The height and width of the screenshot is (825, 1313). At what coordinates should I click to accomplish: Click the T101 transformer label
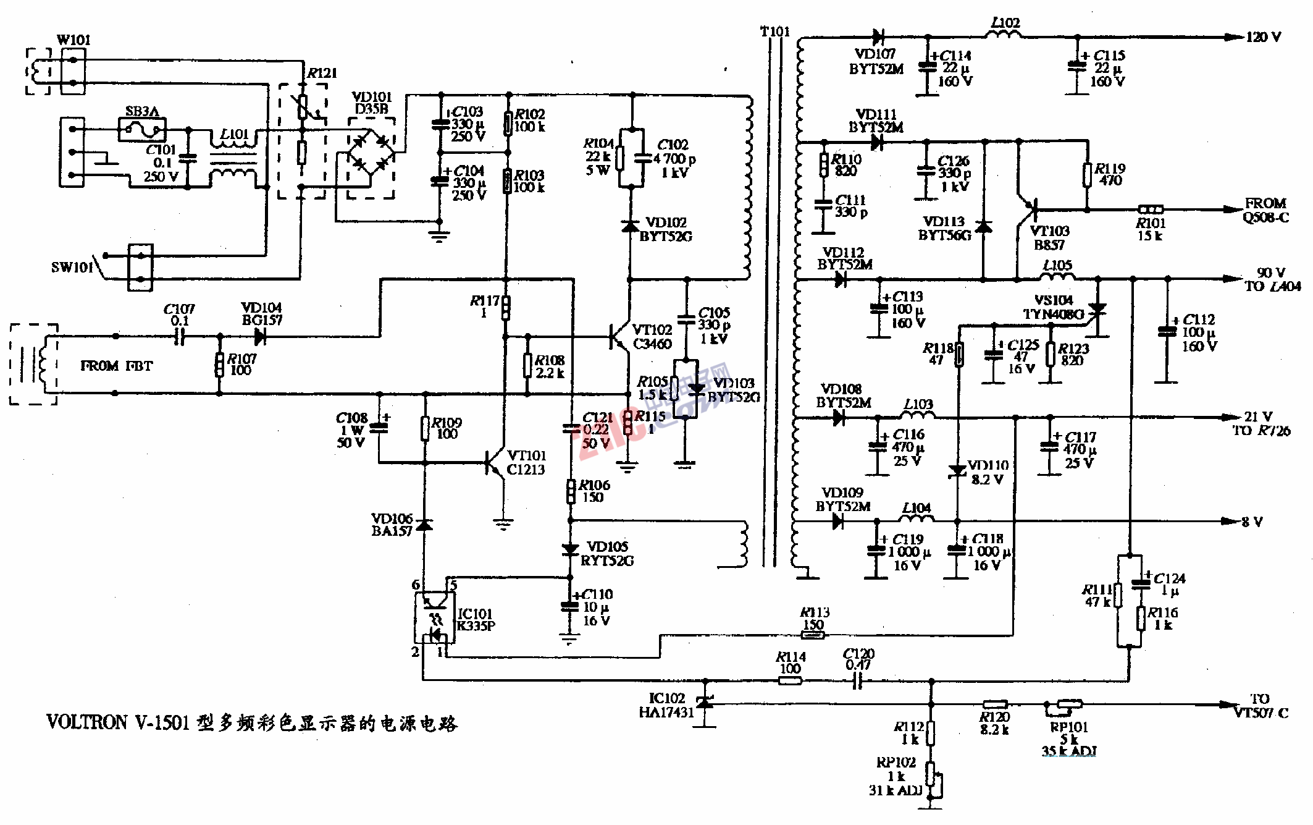click(x=774, y=31)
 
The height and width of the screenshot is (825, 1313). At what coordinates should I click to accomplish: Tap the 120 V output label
click(x=1263, y=37)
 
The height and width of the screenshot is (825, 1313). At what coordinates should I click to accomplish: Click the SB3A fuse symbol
click(x=142, y=130)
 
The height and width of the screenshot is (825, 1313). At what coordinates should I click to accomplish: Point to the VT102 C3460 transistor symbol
click(x=619, y=337)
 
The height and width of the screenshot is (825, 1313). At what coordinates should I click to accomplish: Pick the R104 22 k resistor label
click(x=598, y=156)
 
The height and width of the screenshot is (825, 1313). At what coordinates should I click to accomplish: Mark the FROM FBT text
click(x=116, y=366)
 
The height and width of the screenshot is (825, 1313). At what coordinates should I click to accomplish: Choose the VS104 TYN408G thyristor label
click(x=1053, y=307)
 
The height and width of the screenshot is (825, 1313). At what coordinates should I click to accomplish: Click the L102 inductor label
click(x=1005, y=23)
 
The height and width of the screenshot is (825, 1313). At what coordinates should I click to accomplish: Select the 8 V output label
click(x=1252, y=522)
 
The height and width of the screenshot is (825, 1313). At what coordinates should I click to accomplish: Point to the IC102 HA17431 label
click(x=666, y=705)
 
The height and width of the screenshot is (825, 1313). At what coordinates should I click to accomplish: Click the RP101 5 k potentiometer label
click(x=1069, y=734)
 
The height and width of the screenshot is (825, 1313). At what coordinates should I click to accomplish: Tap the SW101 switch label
click(x=72, y=267)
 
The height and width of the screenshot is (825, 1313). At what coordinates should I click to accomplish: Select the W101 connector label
click(x=73, y=40)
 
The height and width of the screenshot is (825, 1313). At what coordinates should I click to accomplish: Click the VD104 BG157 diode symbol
click(x=261, y=337)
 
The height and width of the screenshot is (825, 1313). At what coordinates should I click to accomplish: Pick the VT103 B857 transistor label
click(x=1049, y=238)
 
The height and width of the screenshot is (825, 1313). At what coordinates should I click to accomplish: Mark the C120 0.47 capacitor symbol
click(x=857, y=681)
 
